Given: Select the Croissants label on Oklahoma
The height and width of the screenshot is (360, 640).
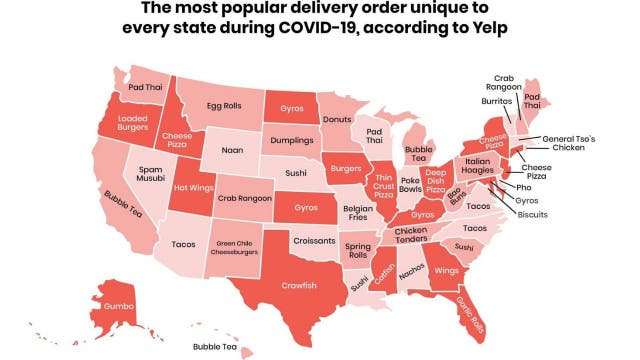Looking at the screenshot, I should tap(314, 241).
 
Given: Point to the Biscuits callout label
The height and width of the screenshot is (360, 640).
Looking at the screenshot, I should tap(532, 215).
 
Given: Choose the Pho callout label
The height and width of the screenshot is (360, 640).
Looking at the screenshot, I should tap(523, 187).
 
